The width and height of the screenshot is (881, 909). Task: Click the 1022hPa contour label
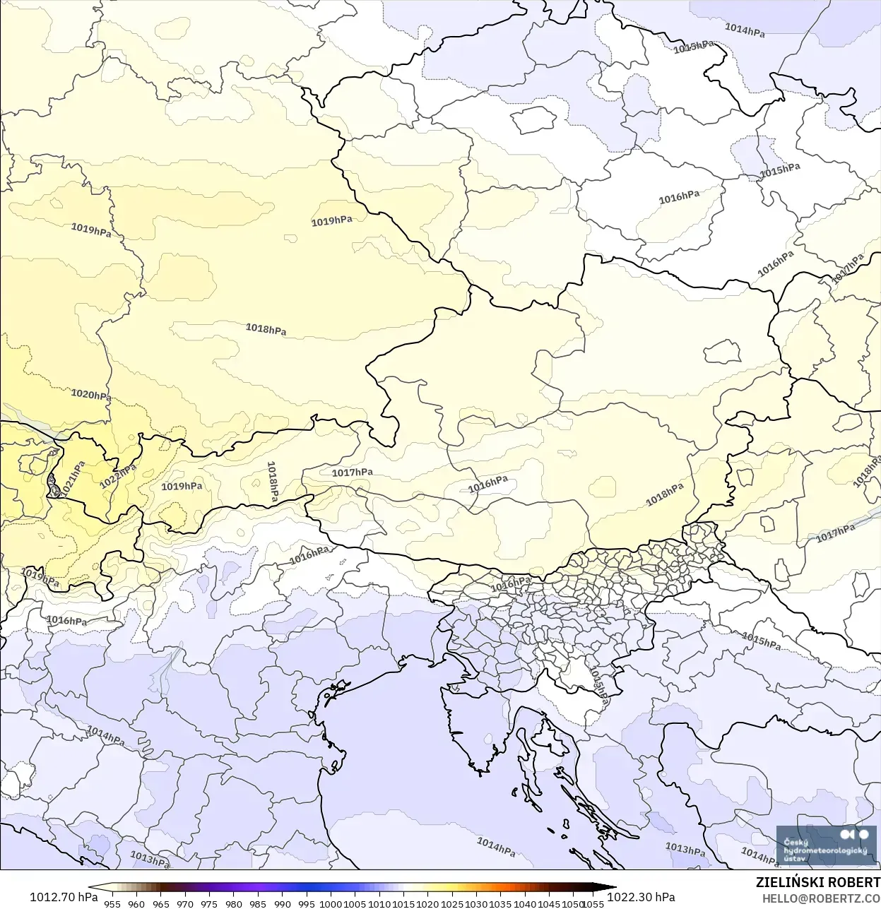coord(117,477)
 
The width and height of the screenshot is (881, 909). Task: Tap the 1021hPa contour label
coord(72,478)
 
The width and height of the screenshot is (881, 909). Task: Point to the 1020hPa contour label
coord(90,395)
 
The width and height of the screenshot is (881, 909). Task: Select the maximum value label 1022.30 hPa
coord(641,897)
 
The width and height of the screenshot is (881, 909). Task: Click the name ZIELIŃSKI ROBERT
coord(817,883)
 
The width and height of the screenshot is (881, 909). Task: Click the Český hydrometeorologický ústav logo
coord(826,845)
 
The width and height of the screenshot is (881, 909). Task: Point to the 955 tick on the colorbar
coord(112,903)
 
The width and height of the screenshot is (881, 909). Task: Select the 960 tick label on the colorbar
coord(136,903)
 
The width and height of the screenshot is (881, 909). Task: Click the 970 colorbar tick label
coord(185,903)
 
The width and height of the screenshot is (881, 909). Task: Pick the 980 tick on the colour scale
coord(234,903)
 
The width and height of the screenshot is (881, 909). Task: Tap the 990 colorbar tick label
coord(283,903)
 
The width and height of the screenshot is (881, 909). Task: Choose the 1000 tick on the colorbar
coord(331,903)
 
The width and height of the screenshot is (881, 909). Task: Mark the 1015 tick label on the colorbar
coord(403,903)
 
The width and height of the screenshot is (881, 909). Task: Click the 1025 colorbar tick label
coord(452,903)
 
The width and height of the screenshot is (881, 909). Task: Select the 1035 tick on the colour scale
coord(501,903)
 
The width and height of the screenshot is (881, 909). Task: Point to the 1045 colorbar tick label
coord(549,903)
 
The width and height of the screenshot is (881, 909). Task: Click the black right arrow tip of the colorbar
coord(612,888)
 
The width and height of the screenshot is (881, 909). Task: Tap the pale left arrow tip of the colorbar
coord(93,888)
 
